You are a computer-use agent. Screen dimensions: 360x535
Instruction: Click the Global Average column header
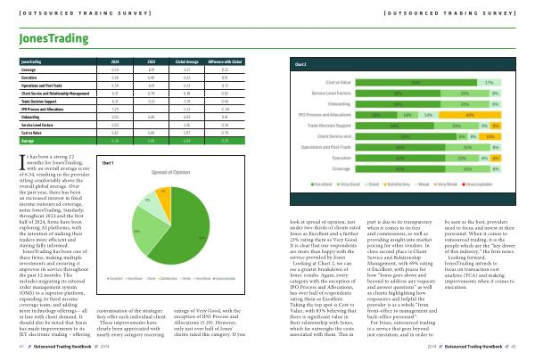coord(185,61)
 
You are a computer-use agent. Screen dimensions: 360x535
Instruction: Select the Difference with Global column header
coord(226,61)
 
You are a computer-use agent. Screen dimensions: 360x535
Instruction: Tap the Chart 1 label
coord(110,163)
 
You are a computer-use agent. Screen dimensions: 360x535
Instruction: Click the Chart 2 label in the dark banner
coord(300,65)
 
